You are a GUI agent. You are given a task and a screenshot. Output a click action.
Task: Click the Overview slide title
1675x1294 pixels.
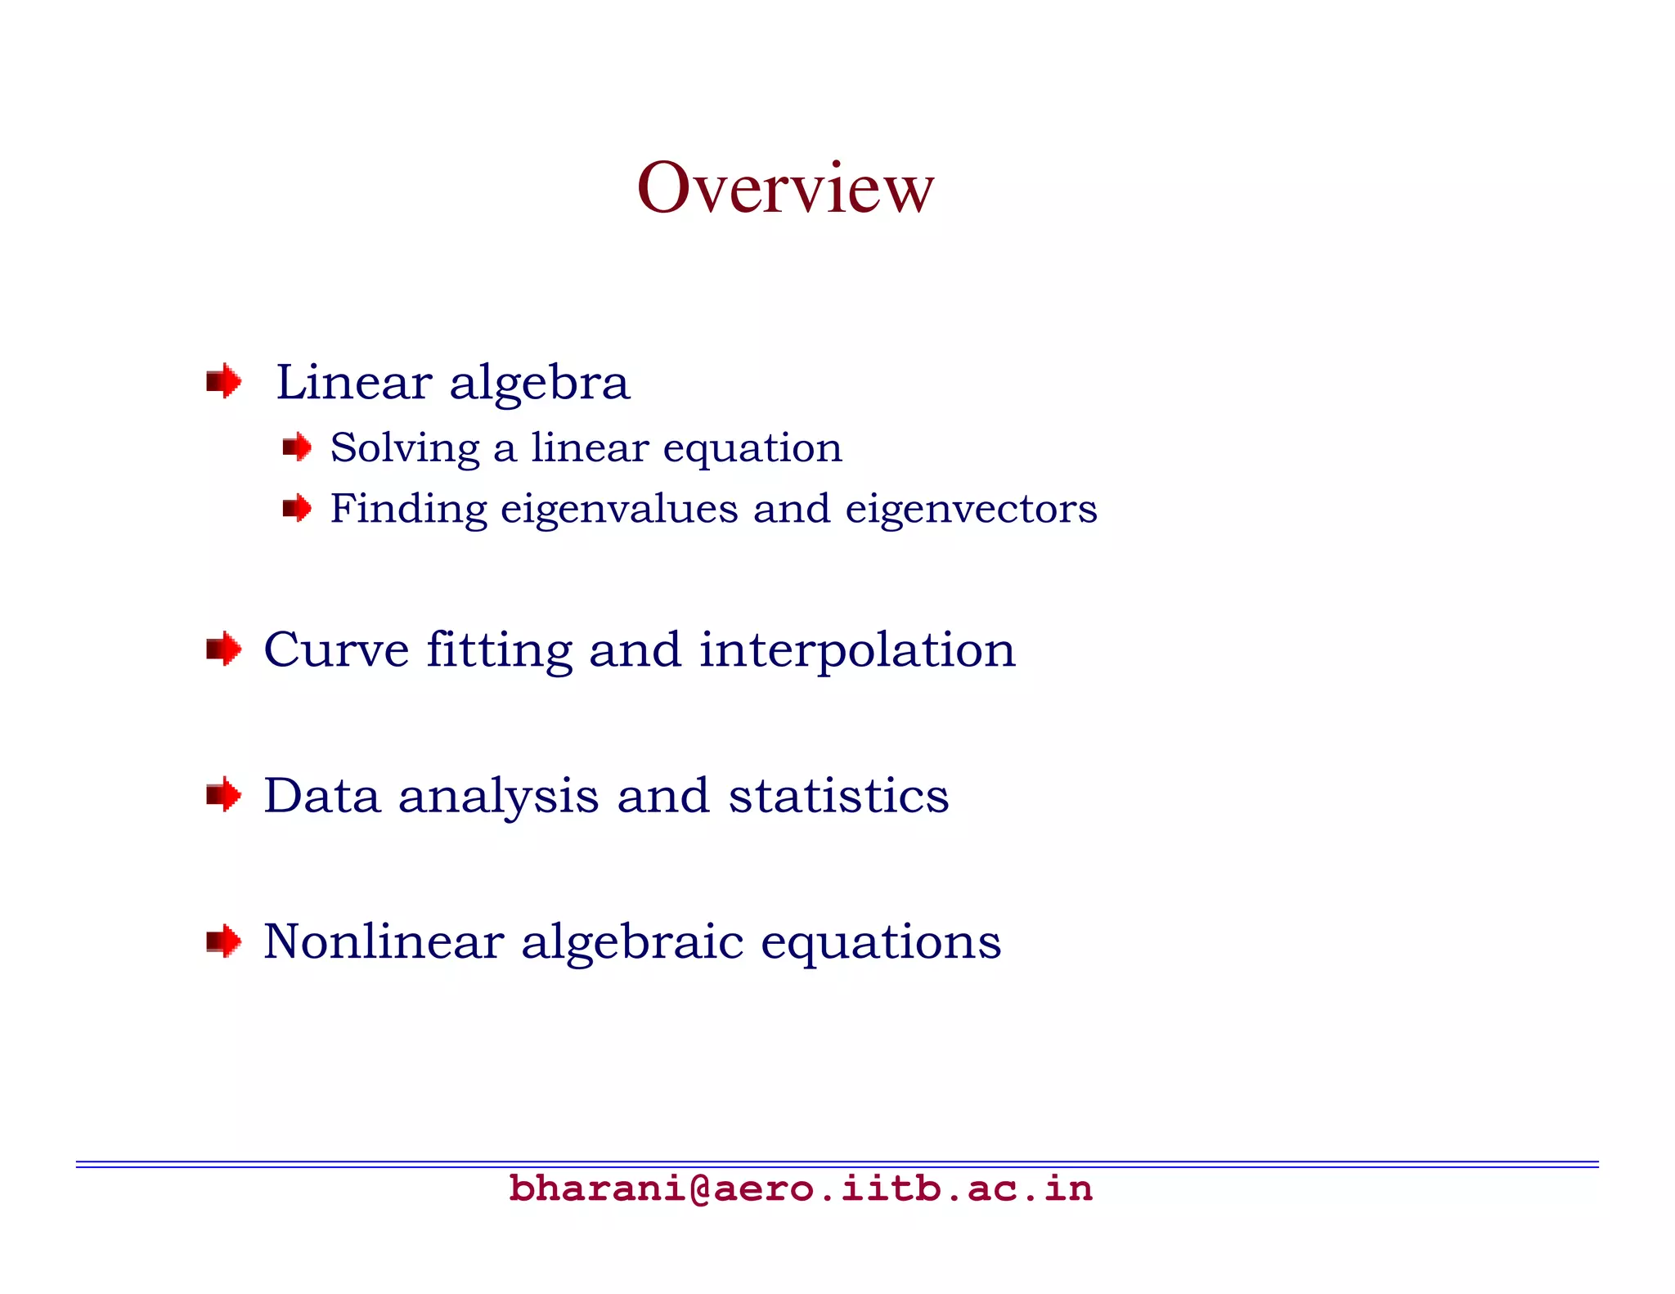point(784,188)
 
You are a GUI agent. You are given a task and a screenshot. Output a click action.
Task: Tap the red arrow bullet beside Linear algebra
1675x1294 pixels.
point(223,382)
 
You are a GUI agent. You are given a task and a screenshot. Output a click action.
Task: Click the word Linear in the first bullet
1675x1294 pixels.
point(353,382)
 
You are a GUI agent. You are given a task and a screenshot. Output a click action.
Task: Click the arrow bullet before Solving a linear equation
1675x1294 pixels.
point(297,447)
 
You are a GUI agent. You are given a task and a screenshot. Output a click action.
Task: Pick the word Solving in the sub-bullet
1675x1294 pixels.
point(404,449)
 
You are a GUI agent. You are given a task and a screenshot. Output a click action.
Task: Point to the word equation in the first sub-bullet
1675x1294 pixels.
point(752,449)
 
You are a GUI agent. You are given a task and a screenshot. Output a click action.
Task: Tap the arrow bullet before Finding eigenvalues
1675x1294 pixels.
point(297,509)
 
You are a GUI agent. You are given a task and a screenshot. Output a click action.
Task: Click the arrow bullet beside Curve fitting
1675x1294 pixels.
point(223,649)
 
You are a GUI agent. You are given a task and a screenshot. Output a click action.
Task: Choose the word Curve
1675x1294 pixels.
point(335,650)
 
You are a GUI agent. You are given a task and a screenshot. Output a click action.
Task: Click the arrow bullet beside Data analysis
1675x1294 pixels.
point(223,795)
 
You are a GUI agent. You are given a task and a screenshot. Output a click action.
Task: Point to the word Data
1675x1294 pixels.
point(322,795)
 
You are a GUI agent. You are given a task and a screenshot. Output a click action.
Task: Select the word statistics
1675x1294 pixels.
point(838,795)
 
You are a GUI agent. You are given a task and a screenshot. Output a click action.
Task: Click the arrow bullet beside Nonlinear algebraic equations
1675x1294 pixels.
point(223,941)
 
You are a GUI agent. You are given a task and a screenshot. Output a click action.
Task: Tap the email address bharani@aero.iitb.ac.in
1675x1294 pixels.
point(800,1188)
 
